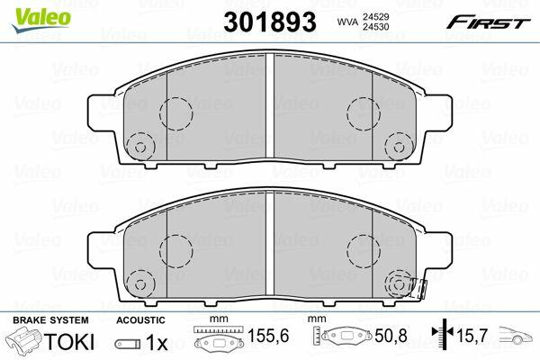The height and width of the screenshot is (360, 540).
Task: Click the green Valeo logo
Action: (41, 20)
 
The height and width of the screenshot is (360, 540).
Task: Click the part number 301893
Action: (270, 22)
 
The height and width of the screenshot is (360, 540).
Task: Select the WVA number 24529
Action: (375, 16)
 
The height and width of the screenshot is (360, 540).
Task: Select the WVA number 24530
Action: (375, 26)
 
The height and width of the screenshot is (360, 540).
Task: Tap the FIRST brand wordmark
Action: (489, 22)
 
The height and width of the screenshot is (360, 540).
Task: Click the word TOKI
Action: (68, 341)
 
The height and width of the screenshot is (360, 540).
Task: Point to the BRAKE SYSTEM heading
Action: (50, 320)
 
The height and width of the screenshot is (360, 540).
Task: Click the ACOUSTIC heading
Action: (140, 320)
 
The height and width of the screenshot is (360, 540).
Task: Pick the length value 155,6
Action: (268, 335)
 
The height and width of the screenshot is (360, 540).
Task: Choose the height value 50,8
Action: (391, 335)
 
